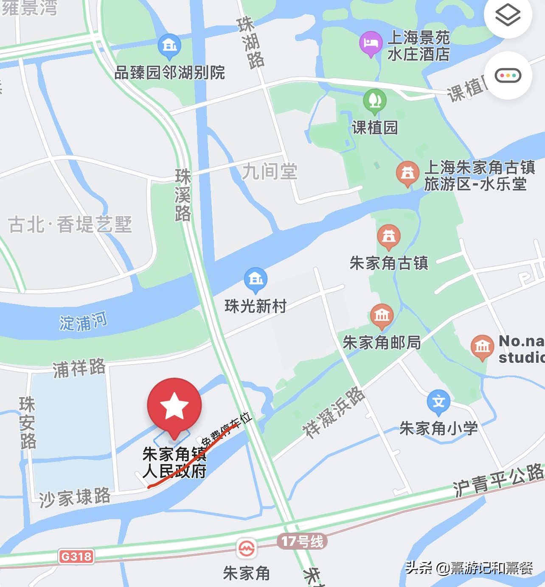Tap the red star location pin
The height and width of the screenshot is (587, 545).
point(174,405)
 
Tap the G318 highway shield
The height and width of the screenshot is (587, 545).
point(76,556)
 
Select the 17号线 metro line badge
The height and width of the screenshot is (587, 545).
point(302,541)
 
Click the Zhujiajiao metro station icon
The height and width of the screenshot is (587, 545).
point(247,549)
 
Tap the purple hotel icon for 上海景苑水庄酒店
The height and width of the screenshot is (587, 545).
point(371,43)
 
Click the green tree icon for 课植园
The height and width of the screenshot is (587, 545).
point(375,101)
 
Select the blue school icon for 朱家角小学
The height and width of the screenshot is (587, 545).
point(438,402)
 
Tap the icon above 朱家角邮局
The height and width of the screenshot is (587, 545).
point(382,316)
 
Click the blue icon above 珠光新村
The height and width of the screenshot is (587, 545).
point(256,279)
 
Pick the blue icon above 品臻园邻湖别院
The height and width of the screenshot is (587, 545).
point(169,45)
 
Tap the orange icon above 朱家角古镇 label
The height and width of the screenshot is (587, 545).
point(389,236)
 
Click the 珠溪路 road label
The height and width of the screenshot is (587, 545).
point(183,195)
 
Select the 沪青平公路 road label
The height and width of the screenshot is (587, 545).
point(498,479)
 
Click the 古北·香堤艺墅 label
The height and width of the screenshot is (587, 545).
point(70,224)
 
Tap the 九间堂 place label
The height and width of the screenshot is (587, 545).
point(270,172)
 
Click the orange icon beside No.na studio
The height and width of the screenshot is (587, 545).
point(482,347)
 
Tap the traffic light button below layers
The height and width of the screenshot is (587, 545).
point(508,76)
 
